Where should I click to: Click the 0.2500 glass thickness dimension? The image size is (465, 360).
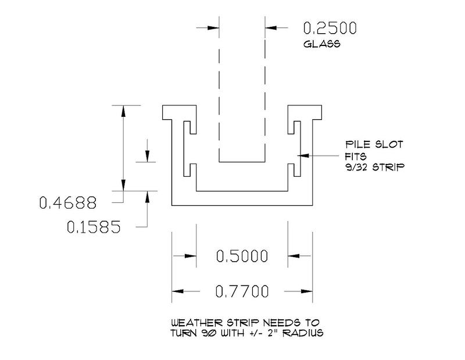pos(330,28)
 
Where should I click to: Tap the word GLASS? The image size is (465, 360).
pos(322,44)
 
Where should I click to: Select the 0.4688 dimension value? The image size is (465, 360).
pos(68,203)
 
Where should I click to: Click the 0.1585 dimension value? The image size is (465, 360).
pos(94,227)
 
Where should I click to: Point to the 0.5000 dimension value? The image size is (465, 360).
pos(242,256)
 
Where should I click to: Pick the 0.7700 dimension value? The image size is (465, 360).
pos(242,291)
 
